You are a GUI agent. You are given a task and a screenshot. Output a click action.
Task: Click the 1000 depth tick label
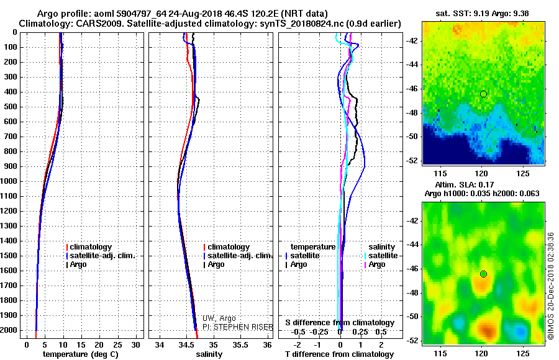click(9, 181)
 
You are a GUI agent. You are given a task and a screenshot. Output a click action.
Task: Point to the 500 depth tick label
click(11, 107)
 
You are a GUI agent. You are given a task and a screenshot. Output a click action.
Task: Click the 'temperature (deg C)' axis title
click(81, 354)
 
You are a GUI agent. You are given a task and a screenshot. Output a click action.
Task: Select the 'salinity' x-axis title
click(209, 354)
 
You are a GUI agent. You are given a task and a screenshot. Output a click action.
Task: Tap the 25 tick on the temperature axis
click(117, 345)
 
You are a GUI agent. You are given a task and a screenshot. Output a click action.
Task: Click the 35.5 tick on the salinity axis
click(240, 345)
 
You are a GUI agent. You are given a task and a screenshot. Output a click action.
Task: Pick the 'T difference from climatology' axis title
click(340, 354)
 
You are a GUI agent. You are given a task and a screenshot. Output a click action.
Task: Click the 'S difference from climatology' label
click(340, 323)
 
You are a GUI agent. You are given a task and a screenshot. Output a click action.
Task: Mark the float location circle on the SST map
click(483, 94)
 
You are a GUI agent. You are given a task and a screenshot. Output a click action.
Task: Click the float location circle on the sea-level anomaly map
click(483, 274)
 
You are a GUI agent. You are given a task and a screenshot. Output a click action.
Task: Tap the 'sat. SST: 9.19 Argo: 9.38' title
click(483, 14)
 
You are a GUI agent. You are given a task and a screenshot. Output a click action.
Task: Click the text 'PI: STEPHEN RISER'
click(238, 327)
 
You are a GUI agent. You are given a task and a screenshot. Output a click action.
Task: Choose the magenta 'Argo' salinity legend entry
click(375, 264)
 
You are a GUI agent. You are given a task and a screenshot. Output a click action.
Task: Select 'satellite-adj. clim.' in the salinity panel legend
click(238, 256)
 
